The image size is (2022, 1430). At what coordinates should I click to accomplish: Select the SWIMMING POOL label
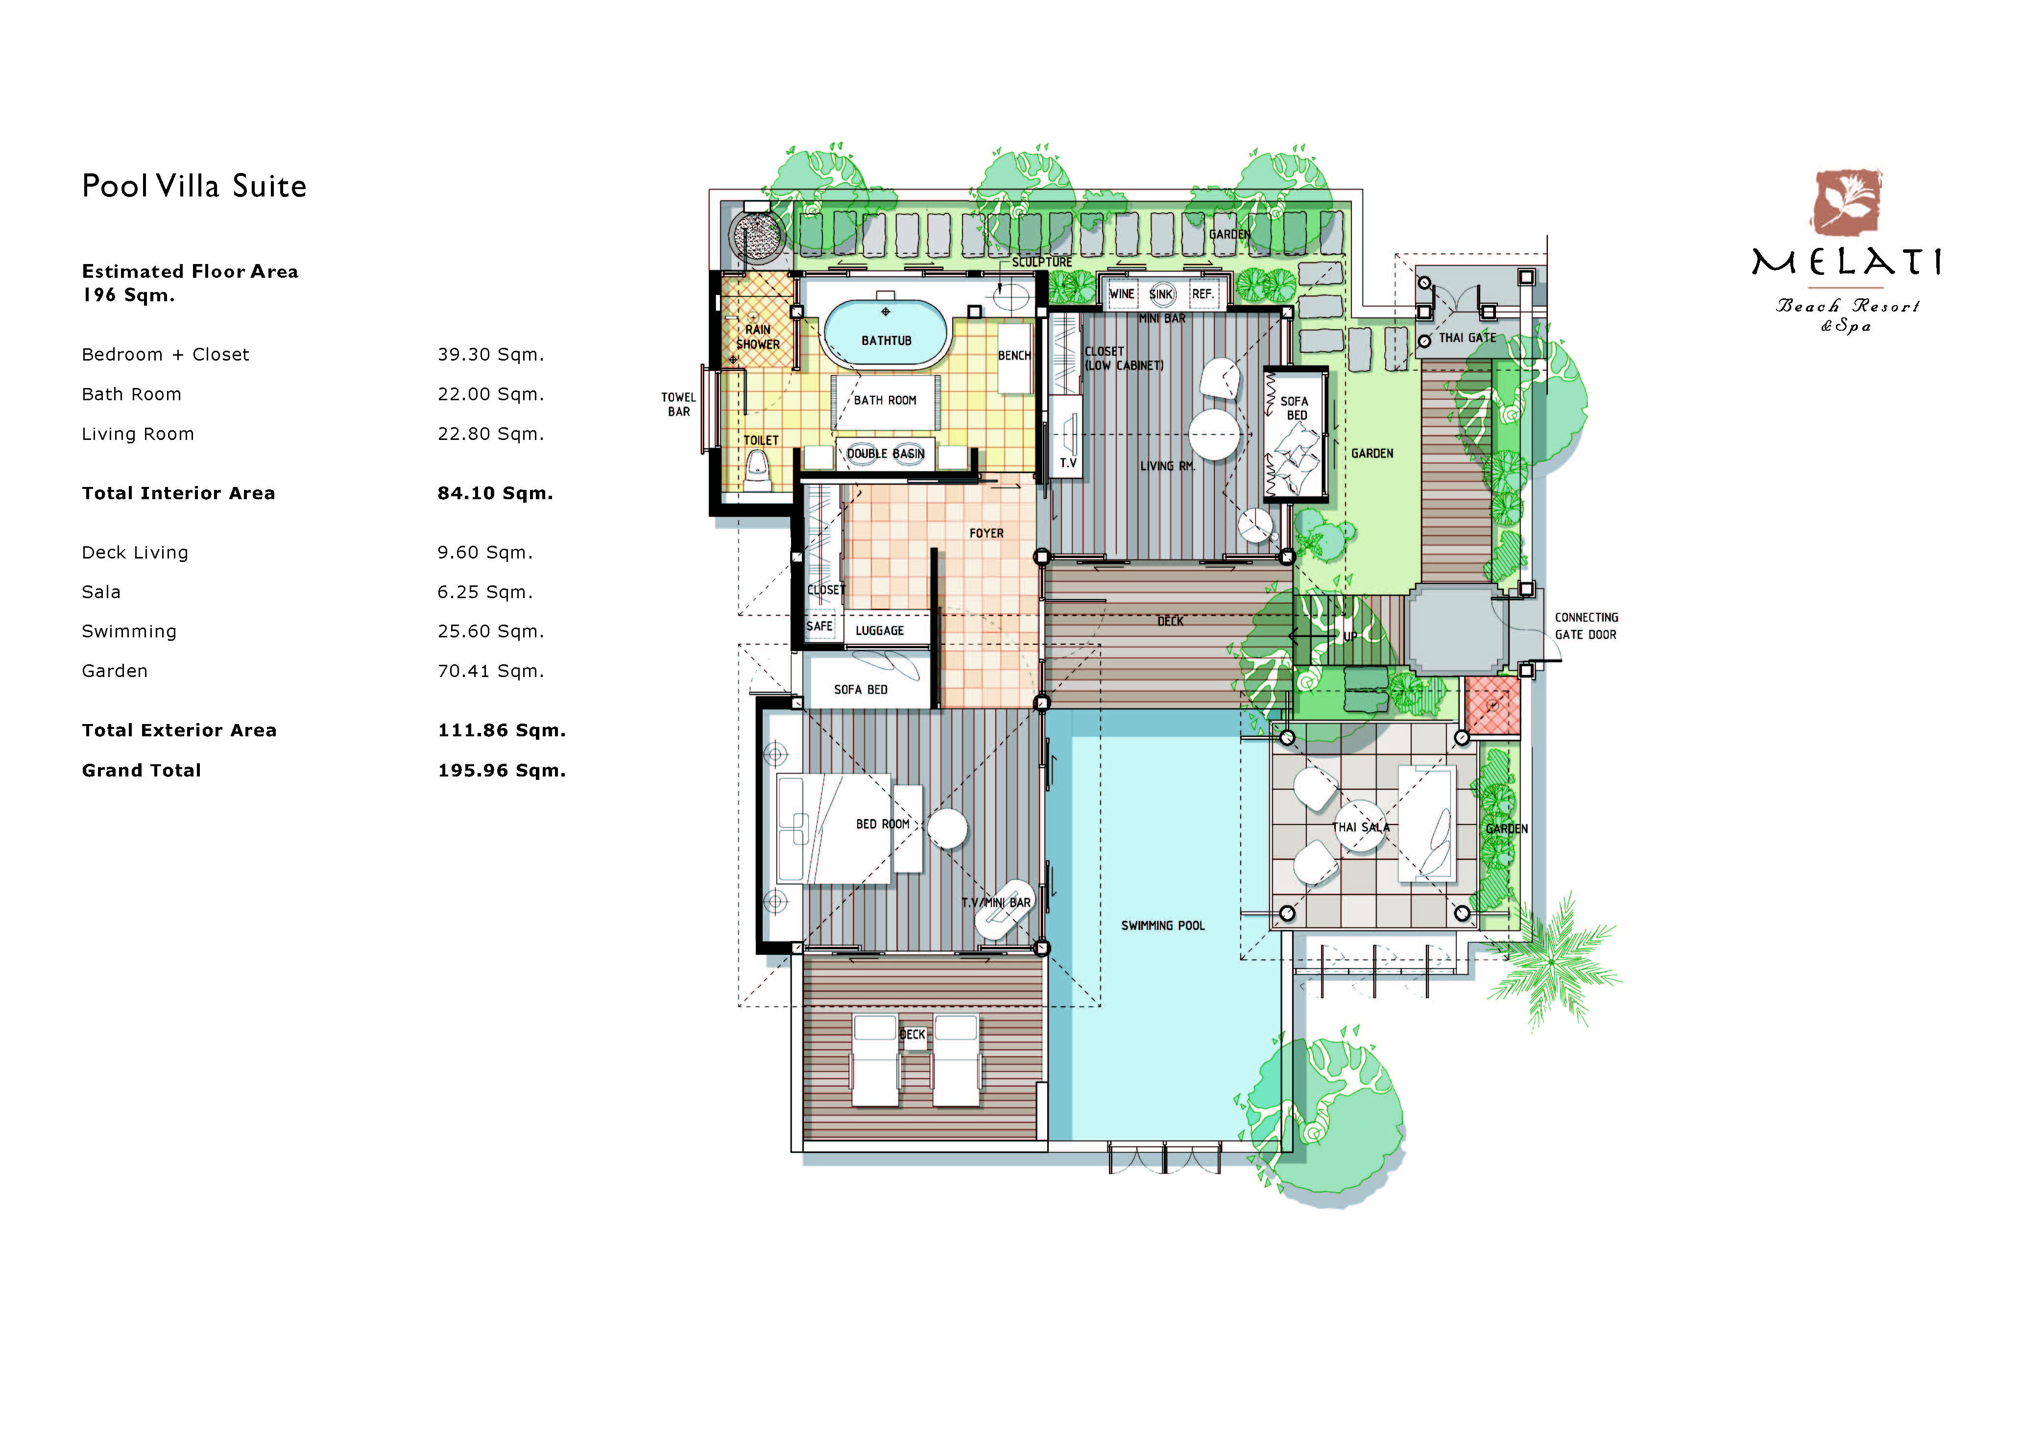(1162, 925)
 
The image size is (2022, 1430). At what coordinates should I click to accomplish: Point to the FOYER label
(987, 533)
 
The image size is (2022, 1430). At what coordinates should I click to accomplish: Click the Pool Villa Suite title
(194, 186)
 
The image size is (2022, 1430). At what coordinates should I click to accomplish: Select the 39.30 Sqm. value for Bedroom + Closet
(490, 355)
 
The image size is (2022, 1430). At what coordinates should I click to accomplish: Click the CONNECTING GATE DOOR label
(1586, 626)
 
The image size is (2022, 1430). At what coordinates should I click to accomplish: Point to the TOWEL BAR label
(678, 404)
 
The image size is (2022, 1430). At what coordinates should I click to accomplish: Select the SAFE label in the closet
(819, 626)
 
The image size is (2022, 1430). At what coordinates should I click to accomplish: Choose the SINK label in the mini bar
(1161, 294)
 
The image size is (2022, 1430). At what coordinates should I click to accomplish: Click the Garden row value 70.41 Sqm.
(490, 671)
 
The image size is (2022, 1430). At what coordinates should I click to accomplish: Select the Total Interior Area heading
(179, 493)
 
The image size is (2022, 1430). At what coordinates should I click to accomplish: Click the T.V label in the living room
(1067, 463)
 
